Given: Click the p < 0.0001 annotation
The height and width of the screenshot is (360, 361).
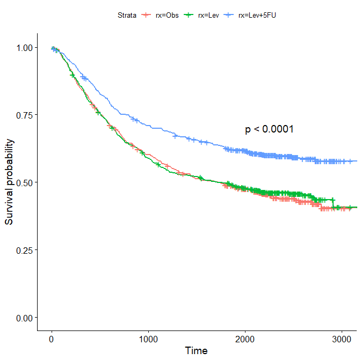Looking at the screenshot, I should (269, 129).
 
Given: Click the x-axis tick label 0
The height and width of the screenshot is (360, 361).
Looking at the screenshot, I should (51, 339).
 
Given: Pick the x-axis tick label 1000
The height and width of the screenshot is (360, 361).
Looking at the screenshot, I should (148, 339).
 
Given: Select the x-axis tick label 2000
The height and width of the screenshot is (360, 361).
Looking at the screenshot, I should (246, 339).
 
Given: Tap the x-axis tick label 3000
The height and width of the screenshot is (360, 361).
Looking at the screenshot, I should (343, 339).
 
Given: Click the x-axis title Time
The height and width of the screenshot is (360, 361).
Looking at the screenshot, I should (196, 351).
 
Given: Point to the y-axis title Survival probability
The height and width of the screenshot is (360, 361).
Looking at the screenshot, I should (9, 182).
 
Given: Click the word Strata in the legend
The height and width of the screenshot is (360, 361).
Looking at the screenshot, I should (127, 16).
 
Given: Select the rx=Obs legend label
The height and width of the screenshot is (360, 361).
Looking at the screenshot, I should (167, 16).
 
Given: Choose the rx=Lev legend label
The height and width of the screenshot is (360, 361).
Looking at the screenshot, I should (208, 16).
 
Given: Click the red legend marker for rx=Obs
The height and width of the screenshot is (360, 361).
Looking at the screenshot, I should (146, 16).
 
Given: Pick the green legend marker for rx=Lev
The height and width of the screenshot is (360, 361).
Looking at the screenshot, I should (189, 16).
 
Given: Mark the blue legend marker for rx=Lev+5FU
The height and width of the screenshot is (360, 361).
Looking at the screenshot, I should (229, 16).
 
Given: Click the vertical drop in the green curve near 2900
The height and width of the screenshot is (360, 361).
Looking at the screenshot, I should (333, 203).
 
